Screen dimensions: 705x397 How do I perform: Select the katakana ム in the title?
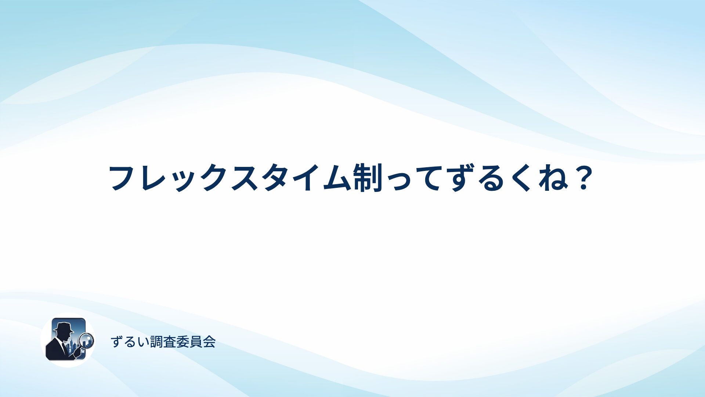point(336,178)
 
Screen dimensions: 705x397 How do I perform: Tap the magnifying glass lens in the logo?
point(87,340)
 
